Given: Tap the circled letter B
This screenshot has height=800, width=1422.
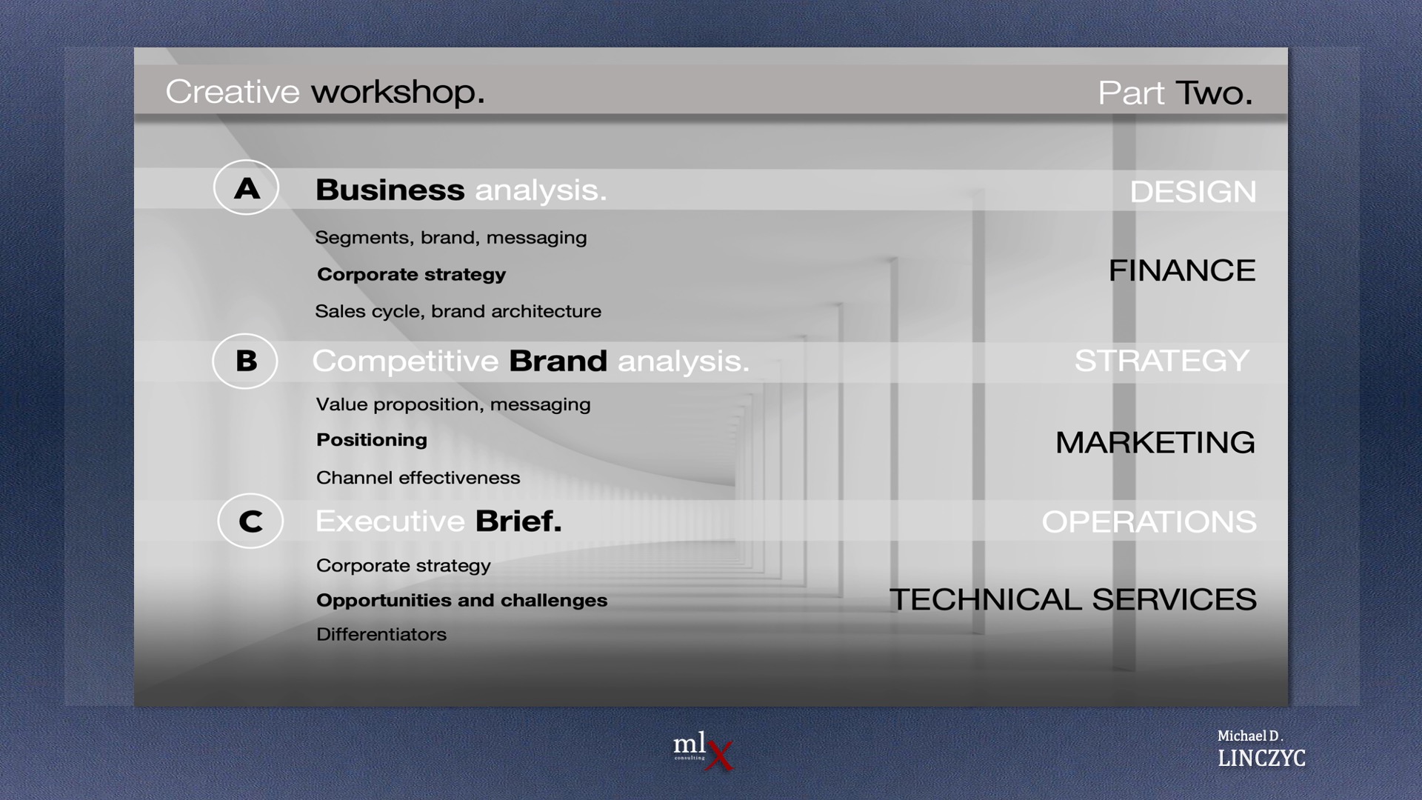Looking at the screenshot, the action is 245,361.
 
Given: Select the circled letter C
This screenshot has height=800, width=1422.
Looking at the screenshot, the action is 250,521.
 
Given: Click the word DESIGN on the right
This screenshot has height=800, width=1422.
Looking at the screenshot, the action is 1192,192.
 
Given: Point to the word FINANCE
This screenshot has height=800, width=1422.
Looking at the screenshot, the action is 1182,270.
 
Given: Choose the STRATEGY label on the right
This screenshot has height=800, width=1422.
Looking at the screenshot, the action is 1161,361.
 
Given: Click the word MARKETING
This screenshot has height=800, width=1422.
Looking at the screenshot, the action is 1155,442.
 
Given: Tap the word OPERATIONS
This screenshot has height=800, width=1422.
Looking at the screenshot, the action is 1149,521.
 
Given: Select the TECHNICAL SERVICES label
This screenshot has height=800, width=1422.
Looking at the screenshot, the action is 1073,599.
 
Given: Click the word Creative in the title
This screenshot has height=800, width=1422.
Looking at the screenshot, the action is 233,92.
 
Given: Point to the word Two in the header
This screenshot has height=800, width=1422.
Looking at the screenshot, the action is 1213,93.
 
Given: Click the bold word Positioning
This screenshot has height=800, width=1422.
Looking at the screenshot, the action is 372,440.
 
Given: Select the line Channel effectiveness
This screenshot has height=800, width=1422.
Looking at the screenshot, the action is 418,478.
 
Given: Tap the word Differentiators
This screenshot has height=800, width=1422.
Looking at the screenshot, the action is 381,635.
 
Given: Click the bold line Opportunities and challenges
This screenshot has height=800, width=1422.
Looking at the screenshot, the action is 462,601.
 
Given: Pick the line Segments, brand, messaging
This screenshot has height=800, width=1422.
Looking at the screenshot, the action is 451,238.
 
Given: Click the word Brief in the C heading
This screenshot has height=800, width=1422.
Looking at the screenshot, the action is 518,521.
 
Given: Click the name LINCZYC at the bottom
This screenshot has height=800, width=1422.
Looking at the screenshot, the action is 1261,758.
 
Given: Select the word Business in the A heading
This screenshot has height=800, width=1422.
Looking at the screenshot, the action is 390,190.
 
